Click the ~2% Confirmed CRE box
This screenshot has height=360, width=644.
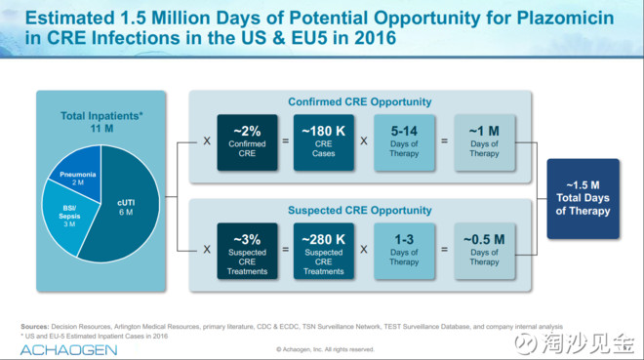247,142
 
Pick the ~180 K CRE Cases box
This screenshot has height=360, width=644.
324,142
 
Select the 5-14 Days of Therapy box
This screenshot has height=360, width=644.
404,142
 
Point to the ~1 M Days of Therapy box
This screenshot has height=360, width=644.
484,142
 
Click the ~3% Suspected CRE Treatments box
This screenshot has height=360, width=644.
247,252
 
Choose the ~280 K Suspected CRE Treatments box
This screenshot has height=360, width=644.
324,252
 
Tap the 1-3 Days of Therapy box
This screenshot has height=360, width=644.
404,252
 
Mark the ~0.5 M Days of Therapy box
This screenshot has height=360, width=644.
484,252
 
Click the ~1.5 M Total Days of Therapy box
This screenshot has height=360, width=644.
583,199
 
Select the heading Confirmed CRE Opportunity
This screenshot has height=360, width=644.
360,101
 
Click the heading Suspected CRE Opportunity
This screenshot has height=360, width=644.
360,211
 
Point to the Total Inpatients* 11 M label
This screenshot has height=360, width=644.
101,122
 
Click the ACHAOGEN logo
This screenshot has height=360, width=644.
68,350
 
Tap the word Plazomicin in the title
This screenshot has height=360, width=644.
565,19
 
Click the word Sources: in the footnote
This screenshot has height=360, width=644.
35,327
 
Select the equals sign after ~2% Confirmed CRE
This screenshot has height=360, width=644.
286,140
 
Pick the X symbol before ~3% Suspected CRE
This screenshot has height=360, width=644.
207,250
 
